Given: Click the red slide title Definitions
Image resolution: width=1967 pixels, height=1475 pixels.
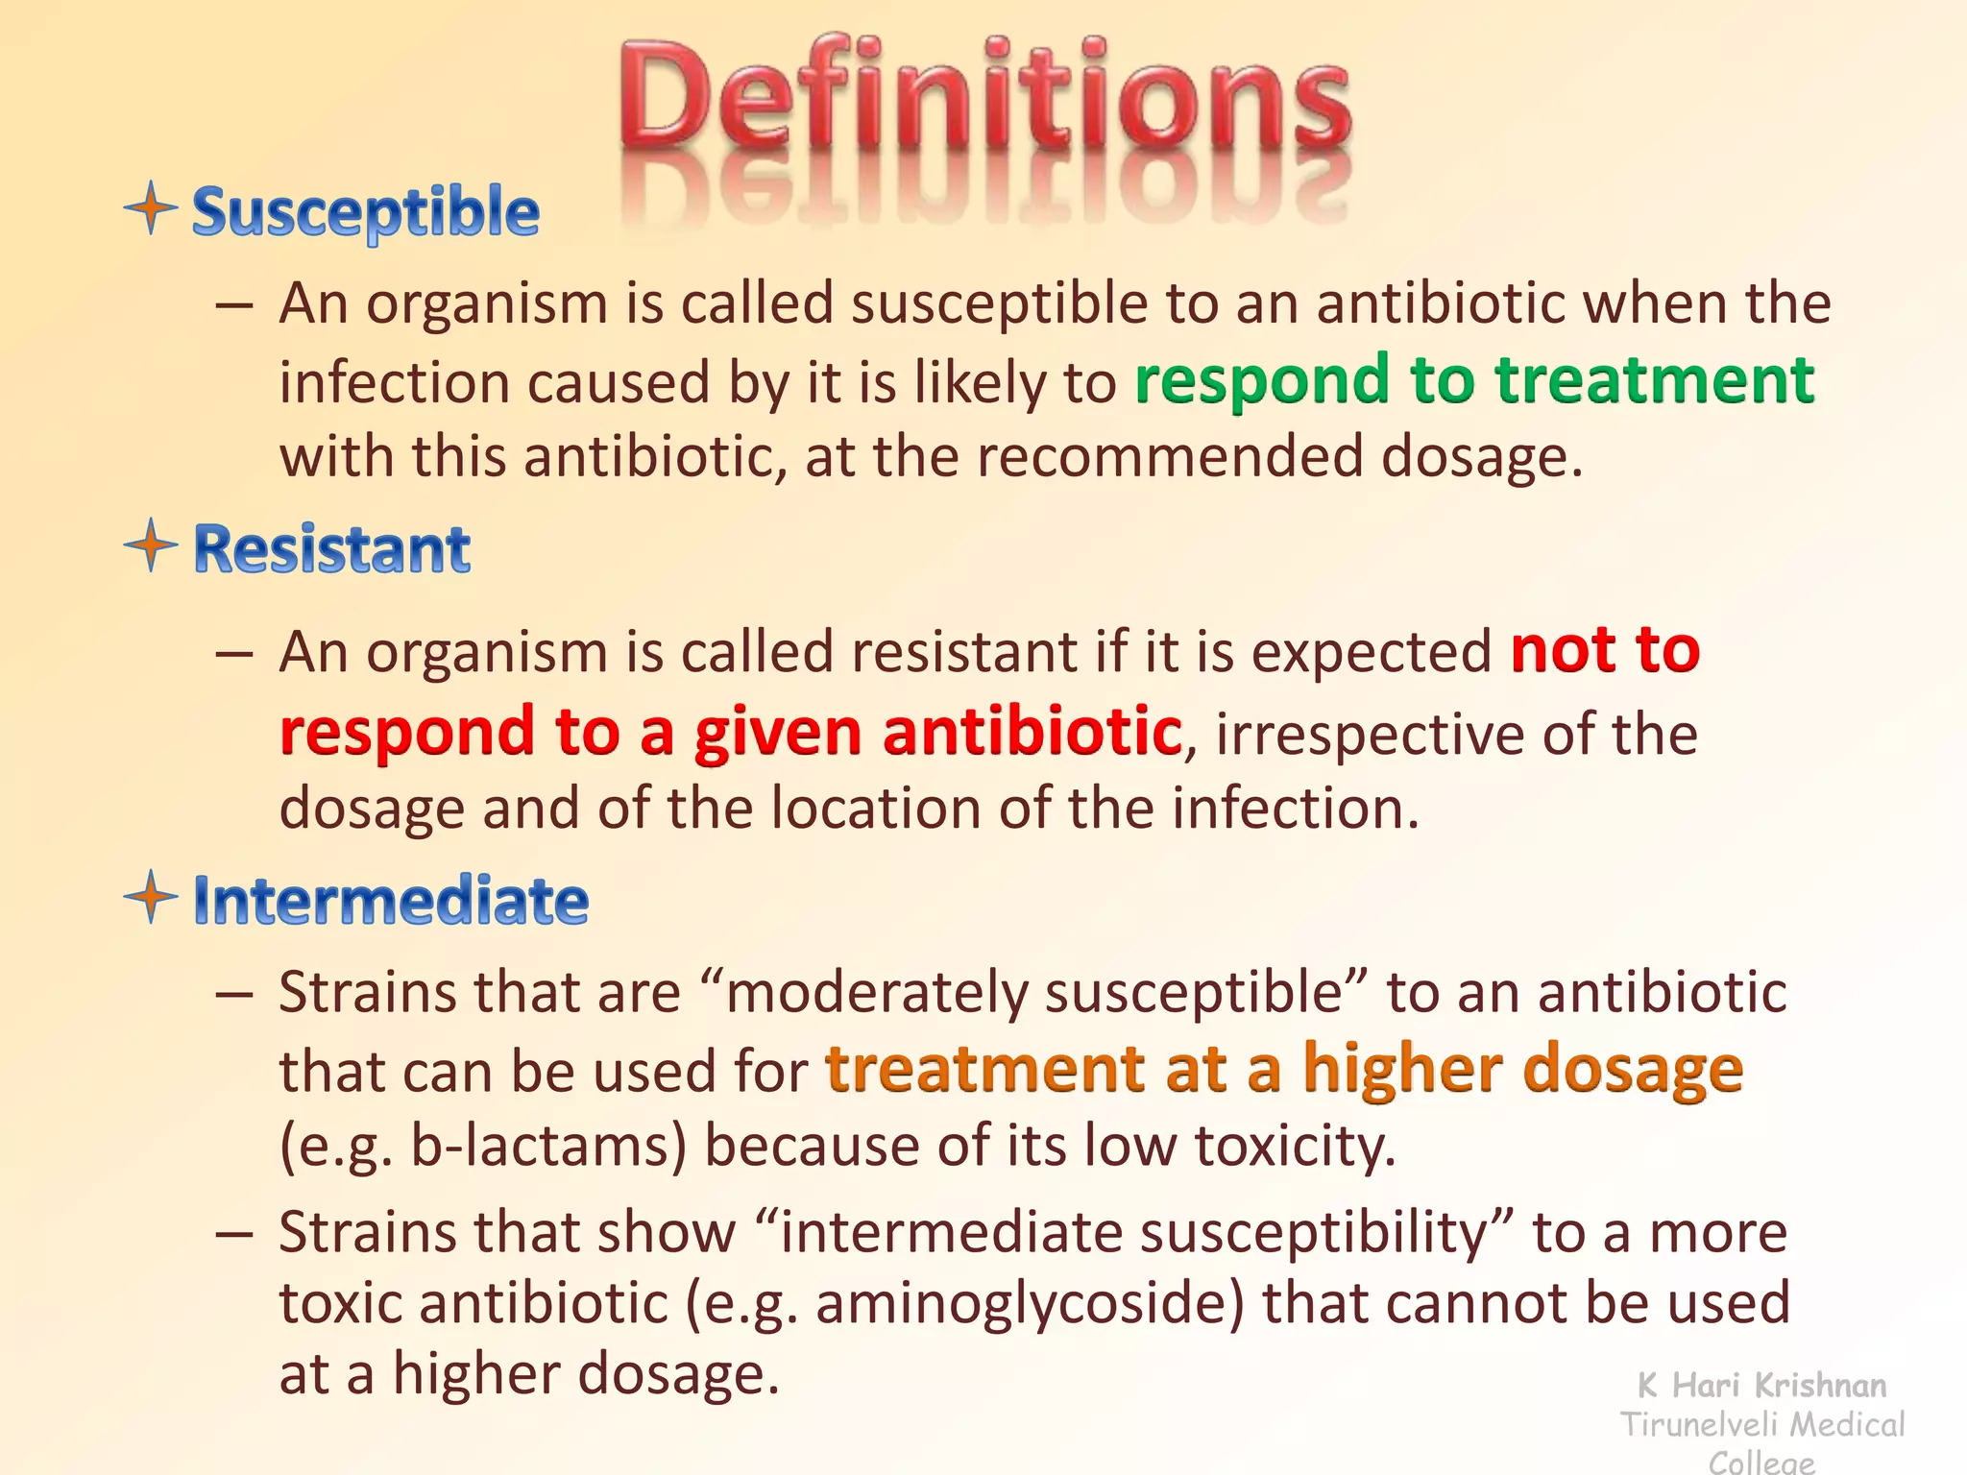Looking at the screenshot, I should pos(985,96).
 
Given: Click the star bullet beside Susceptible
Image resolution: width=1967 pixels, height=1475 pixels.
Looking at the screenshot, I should pos(151,207).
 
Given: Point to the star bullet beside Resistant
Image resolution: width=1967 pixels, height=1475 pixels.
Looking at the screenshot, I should pos(151,545).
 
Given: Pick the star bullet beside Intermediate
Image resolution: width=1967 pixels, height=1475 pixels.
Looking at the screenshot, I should pos(151,897).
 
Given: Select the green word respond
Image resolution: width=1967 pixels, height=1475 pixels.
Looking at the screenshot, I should pos(1261,382).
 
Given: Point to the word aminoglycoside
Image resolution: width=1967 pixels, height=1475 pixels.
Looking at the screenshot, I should pos(1030,1304).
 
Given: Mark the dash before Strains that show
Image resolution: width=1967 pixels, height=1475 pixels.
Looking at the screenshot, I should pos(233,1234).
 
